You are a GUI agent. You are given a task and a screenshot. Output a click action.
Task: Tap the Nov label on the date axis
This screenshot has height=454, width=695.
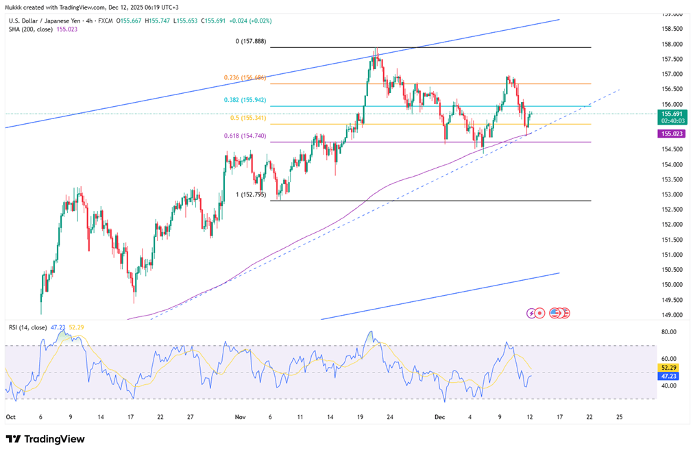tap(240, 416)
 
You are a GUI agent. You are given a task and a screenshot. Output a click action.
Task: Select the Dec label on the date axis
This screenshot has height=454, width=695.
tap(439, 416)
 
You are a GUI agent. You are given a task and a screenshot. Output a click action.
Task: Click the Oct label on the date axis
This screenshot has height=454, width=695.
tap(11, 416)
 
